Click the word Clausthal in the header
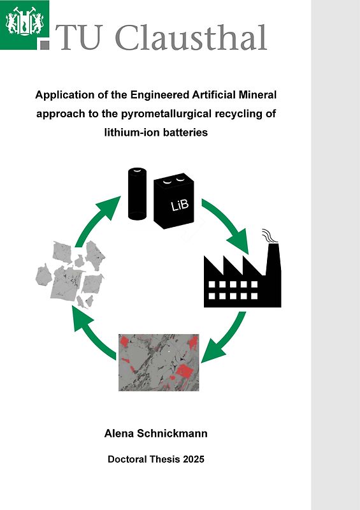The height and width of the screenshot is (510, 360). [191, 38]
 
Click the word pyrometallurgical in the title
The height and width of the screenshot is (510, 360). [191, 115]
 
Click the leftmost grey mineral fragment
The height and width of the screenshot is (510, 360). [44, 275]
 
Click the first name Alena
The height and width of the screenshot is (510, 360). [120, 433]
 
